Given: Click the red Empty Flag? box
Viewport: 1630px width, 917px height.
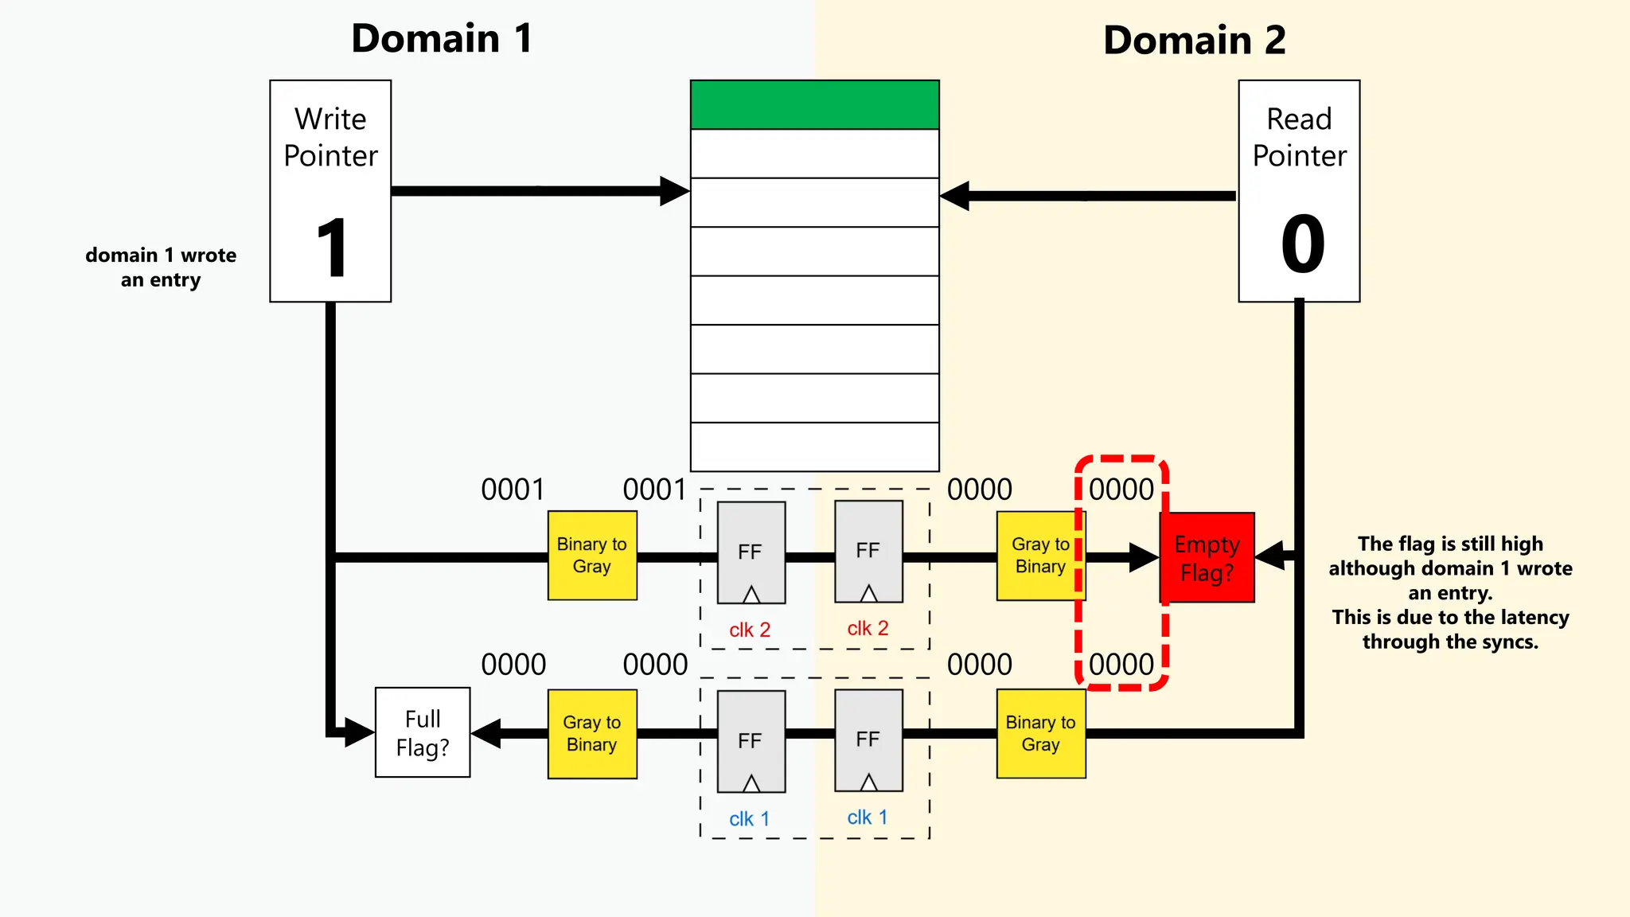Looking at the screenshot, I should tap(1207, 558).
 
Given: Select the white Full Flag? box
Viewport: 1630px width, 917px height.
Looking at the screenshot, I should tap(423, 732).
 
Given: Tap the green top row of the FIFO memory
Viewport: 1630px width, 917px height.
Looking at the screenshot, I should tap(814, 104).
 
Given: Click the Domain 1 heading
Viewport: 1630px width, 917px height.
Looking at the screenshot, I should tap(442, 38).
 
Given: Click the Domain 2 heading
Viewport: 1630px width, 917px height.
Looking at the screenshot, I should tap(1194, 40).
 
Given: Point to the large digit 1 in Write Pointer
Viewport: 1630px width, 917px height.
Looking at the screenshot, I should tap(332, 249).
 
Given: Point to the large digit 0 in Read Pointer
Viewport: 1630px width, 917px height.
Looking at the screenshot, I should tap(1302, 244).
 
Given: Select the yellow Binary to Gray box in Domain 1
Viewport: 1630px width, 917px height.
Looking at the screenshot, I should tap(592, 556).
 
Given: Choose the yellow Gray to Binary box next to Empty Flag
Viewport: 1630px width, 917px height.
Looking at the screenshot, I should tap(1039, 556).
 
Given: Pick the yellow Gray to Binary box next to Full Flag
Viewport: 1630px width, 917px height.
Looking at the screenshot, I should tap(592, 734).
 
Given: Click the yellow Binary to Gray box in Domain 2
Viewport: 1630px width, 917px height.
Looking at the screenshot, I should tap(1040, 734).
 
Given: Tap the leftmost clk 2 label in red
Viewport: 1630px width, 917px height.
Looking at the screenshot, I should tap(750, 630).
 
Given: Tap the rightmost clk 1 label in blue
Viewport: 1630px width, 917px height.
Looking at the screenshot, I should tap(867, 817).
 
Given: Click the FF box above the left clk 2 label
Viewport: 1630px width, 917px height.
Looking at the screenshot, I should tap(751, 552).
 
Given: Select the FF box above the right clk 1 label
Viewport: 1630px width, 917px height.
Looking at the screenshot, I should tap(868, 740).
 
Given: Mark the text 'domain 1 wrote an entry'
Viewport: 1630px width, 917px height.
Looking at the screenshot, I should tap(161, 267).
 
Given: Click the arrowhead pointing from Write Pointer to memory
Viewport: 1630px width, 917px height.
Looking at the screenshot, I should tap(674, 191).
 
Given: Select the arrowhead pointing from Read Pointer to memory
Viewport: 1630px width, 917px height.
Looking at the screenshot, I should tap(955, 196).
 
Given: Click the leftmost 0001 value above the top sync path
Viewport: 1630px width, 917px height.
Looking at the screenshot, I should tap(513, 490).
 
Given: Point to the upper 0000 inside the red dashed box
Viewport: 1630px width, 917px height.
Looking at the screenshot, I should tap(1121, 490).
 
